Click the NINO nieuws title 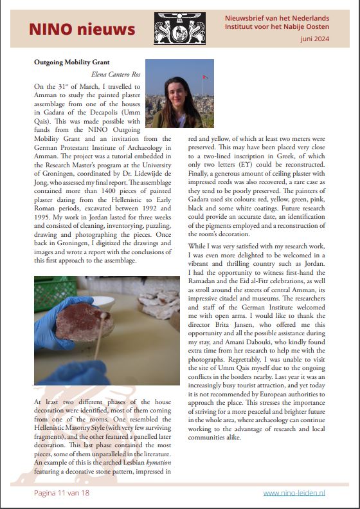82,29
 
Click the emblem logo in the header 179,29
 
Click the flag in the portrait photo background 205,78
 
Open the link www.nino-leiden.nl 294,492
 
